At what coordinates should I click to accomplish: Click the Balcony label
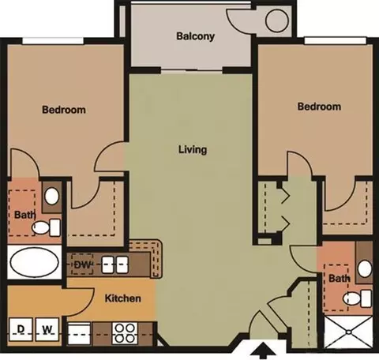[195, 36]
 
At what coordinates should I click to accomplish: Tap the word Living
[193, 149]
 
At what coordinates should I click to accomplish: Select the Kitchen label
[123, 298]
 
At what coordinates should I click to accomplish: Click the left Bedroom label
[64, 110]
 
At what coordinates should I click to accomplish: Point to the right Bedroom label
[319, 107]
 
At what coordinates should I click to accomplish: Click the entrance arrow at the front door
[267, 351]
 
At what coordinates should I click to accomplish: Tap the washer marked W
[47, 329]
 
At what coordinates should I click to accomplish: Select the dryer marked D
[21, 329]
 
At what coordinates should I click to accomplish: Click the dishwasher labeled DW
[82, 264]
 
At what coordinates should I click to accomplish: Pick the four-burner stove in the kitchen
[125, 333]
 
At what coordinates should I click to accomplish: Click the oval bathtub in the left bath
[34, 262]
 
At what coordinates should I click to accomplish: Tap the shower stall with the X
[348, 332]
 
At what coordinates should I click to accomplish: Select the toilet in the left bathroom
[47, 227]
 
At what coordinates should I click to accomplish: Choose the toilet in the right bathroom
[358, 298]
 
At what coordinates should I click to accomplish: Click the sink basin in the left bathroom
[51, 196]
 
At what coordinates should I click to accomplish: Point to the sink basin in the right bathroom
[365, 268]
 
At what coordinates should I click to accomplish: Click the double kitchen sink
[115, 264]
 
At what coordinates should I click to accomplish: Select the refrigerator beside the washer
[79, 334]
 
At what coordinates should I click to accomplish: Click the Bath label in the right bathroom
[340, 278]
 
